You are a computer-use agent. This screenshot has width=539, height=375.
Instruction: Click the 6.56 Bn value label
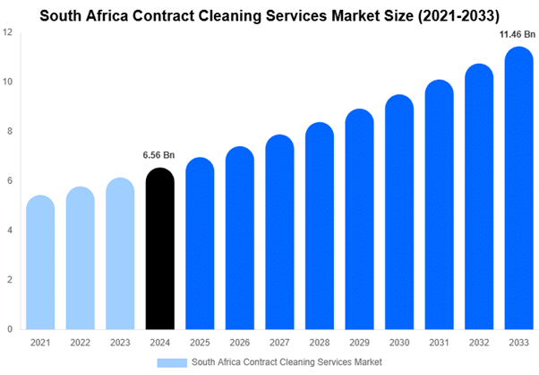(x=158, y=156)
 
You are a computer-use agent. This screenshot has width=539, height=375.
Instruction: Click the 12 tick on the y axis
(x=8, y=33)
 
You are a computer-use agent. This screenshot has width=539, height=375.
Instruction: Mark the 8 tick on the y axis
(x=8, y=132)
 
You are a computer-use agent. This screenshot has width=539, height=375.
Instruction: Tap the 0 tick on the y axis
(x=8, y=329)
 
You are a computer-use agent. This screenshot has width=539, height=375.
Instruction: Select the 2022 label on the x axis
(x=80, y=343)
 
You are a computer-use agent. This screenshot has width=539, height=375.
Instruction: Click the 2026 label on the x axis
(x=238, y=343)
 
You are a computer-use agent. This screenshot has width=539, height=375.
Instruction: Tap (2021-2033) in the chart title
(x=448, y=13)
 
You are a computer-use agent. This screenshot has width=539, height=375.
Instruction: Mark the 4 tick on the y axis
(x=8, y=231)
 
